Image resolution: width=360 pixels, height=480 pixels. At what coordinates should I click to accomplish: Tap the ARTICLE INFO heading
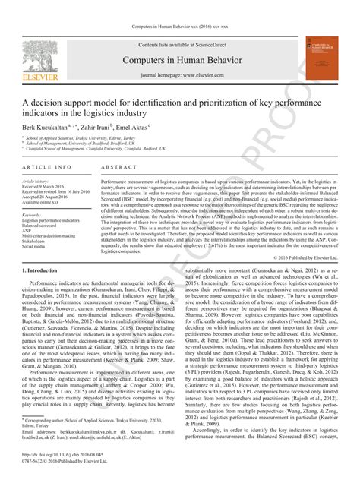47,166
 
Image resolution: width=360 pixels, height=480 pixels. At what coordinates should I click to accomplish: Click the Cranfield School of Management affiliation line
106,150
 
